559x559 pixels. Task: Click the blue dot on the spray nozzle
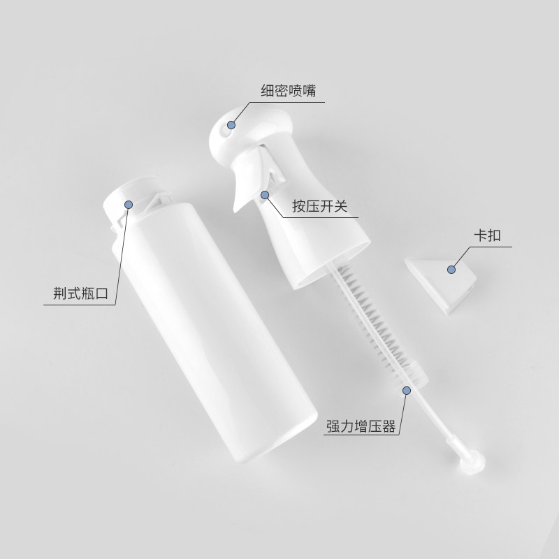coord(232,126)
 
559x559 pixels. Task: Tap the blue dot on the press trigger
coord(265,195)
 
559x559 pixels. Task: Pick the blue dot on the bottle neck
coord(129,203)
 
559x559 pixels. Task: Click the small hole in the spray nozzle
coord(223,128)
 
